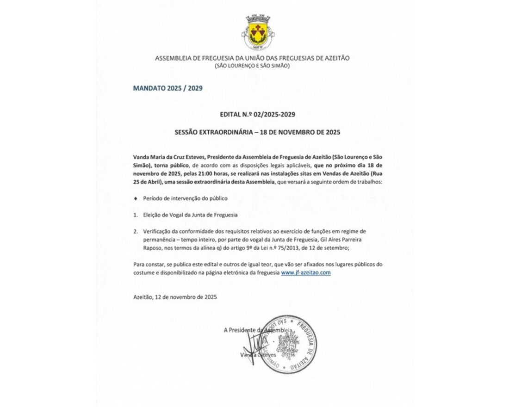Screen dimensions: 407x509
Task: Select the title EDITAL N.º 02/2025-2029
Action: (x=254, y=114)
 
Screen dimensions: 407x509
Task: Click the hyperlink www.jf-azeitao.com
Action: (x=305, y=273)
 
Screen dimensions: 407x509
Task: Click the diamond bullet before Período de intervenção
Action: (x=135, y=198)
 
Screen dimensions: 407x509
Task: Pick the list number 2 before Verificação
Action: (x=135, y=231)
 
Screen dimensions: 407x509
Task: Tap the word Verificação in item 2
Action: (x=158, y=231)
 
